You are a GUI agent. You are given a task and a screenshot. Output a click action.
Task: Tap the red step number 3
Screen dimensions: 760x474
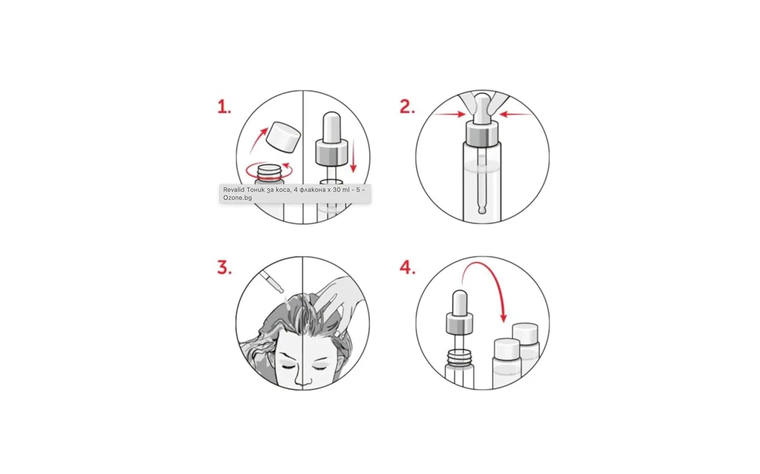pyautogui.click(x=224, y=267)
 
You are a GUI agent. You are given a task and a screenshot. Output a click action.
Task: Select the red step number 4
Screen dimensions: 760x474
pyautogui.click(x=407, y=267)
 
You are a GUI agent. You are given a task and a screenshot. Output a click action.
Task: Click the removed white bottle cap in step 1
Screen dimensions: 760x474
pyautogui.click(x=283, y=137)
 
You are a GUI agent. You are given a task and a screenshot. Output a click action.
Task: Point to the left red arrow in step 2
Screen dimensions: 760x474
pyautogui.click(x=449, y=114)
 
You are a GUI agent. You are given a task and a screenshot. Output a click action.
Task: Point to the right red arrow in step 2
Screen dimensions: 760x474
pyautogui.click(x=515, y=114)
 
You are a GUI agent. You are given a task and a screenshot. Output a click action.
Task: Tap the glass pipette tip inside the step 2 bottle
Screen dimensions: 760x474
pyautogui.click(x=482, y=208)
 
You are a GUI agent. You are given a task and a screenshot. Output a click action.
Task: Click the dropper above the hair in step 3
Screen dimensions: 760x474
pyautogui.click(x=272, y=281)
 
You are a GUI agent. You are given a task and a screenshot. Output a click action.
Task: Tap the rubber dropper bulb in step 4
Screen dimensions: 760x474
pyautogui.click(x=460, y=302)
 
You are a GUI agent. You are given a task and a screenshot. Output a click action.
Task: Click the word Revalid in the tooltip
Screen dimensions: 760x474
pyautogui.click(x=234, y=189)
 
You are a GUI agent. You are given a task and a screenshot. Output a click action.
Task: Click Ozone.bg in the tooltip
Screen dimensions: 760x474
pyautogui.click(x=238, y=197)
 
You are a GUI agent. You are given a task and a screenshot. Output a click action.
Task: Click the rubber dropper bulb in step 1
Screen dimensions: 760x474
pyautogui.click(x=331, y=127)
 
